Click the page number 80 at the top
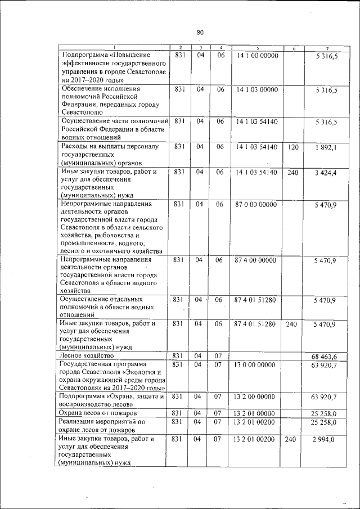(200, 32)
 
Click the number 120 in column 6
(292, 147)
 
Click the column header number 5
(256, 47)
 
